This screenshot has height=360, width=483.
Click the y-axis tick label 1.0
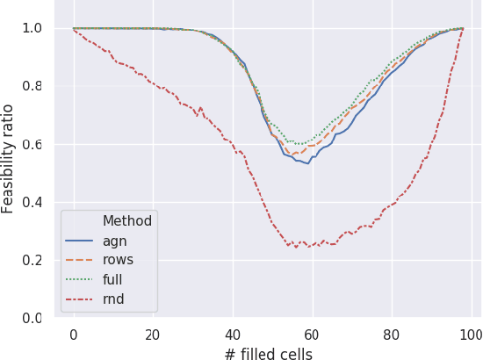pos(32,28)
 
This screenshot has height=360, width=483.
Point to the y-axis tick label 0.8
pos(32,86)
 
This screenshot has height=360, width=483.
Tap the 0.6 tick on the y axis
pos(32,144)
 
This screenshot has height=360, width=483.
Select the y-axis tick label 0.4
pos(32,202)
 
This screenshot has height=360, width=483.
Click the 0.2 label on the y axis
pos(32,260)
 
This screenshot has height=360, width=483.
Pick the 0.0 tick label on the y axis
pos(32,318)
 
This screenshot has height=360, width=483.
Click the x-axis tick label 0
pos(73,335)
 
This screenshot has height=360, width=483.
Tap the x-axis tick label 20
pos(153,335)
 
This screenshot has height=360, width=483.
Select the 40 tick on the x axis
pos(233,335)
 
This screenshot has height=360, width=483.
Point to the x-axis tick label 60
pos(312,335)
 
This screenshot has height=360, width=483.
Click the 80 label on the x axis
pos(392,335)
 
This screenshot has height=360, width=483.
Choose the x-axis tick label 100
pos(472,335)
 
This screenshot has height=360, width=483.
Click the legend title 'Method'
pos(127,220)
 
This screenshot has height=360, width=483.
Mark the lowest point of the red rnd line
pos(296,248)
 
